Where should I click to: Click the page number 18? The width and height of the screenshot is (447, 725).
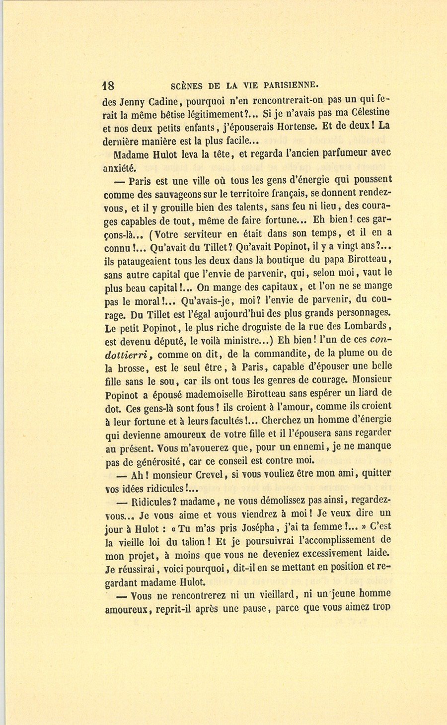(x=108, y=84)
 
